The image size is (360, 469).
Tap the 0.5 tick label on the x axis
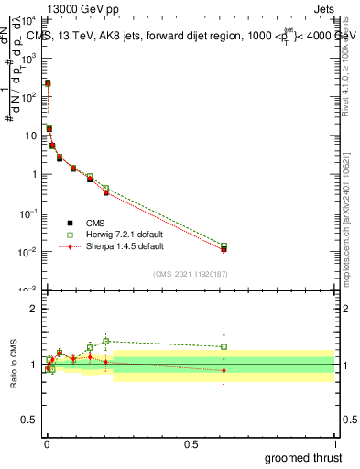tap(190, 443)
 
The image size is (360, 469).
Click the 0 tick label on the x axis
tap(46, 443)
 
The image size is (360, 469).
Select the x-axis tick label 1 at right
tap(333, 443)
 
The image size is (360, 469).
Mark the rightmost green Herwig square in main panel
tap(224, 246)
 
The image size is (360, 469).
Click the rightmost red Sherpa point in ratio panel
tap(224, 370)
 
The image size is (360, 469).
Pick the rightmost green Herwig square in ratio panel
tap(224, 346)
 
